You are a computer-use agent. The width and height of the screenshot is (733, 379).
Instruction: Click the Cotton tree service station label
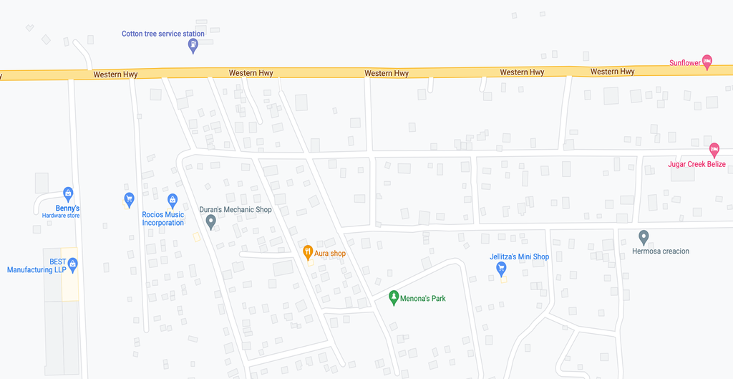coord(162,34)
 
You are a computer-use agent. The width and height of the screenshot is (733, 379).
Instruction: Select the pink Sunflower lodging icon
coord(707,62)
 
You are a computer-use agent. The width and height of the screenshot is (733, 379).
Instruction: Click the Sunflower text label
coord(684,63)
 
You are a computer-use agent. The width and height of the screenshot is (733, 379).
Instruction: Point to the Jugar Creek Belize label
coord(696,164)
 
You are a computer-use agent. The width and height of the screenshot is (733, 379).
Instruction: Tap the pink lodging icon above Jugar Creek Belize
coord(714,150)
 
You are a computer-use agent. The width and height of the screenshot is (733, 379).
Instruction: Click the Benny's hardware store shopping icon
coord(68,193)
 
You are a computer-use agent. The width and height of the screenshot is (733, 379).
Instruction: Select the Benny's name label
coord(68,208)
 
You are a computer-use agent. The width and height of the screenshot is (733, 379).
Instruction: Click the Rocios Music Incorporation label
coord(163,219)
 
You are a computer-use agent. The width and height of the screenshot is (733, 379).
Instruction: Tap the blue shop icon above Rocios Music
coord(172,201)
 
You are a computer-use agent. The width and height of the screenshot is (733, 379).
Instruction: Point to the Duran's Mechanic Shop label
coord(236,210)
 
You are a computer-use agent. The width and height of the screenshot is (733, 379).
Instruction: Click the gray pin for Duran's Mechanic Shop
coord(211,222)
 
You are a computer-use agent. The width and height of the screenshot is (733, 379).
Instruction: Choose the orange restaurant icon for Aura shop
coord(307,251)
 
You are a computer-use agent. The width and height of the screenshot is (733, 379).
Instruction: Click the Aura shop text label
coord(330,254)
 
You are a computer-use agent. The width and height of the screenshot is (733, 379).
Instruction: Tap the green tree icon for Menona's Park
coord(393,297)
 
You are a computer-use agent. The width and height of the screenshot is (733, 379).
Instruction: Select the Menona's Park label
coord(422,298)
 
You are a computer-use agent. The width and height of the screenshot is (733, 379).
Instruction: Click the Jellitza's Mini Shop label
coord(519,256)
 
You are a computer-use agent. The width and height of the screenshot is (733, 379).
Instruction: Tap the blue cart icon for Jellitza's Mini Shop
coord(501,269)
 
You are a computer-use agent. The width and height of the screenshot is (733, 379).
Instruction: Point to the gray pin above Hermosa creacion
coord(644,236)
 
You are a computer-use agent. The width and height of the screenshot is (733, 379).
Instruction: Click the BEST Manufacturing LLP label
coord(37,266)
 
